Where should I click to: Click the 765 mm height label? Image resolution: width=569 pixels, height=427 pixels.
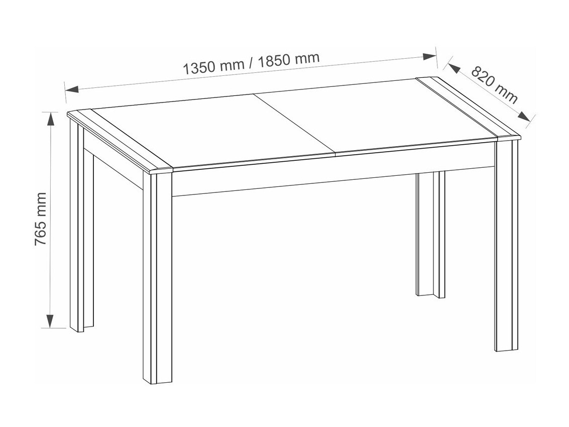pos(41,219)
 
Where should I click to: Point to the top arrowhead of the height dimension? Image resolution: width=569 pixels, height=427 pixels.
pos(50,119)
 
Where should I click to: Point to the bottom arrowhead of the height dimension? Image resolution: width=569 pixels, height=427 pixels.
pos(50,321)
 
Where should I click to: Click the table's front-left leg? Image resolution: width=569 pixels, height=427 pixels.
pos(157,276)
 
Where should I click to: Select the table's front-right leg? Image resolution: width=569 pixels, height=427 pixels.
pos(506,246)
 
